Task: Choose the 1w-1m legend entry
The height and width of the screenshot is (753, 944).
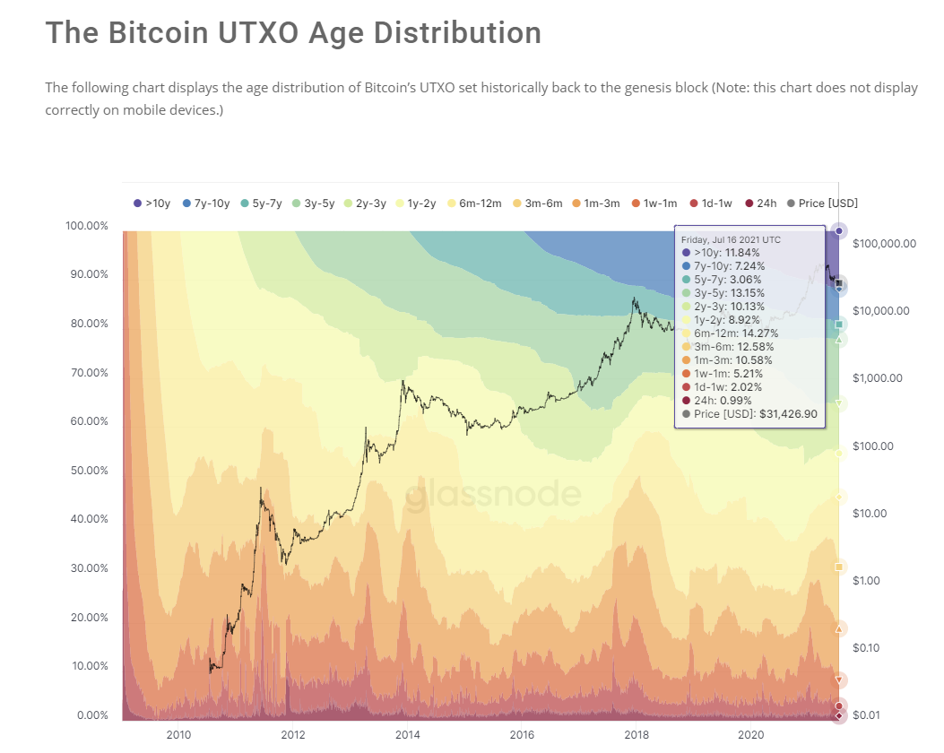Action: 657,203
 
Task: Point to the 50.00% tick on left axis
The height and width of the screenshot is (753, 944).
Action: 87,470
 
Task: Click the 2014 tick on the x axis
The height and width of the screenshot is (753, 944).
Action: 408,734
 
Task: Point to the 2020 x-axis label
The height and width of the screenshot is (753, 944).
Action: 750,734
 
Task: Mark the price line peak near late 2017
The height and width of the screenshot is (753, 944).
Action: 635,299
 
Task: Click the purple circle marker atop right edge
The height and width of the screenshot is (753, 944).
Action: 839,231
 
